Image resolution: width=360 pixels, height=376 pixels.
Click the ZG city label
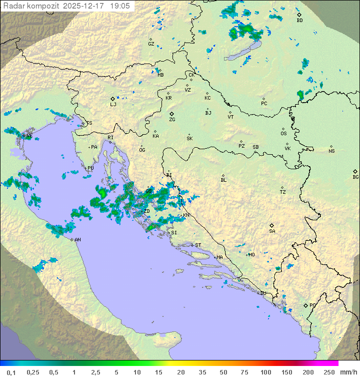[x=172, y=120]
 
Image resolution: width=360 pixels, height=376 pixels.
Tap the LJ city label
[x=113, y=105]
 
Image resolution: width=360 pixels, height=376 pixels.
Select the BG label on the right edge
[x=355, y=177]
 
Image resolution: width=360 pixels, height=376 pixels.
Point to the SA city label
[x=272, y=231]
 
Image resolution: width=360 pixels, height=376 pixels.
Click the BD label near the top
[x=299, y=21]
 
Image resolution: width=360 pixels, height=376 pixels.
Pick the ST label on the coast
[x=198, y=245]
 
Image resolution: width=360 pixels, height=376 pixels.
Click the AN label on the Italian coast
[x=77, y=240]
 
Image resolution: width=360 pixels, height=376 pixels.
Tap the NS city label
[x=331, y=151]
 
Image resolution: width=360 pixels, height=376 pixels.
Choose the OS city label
[x=283, y=134]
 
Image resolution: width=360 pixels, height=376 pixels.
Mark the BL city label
[x=223, y=180]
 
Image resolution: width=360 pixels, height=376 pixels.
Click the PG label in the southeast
[x=312, y=305]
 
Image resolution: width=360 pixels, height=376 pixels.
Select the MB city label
[x=160, y=75]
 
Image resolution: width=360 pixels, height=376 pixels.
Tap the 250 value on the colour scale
[x=328, y=372]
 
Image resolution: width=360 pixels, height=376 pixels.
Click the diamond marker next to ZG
[x=171, y=114]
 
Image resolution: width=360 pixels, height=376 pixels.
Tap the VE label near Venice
[x=29, y=136]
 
